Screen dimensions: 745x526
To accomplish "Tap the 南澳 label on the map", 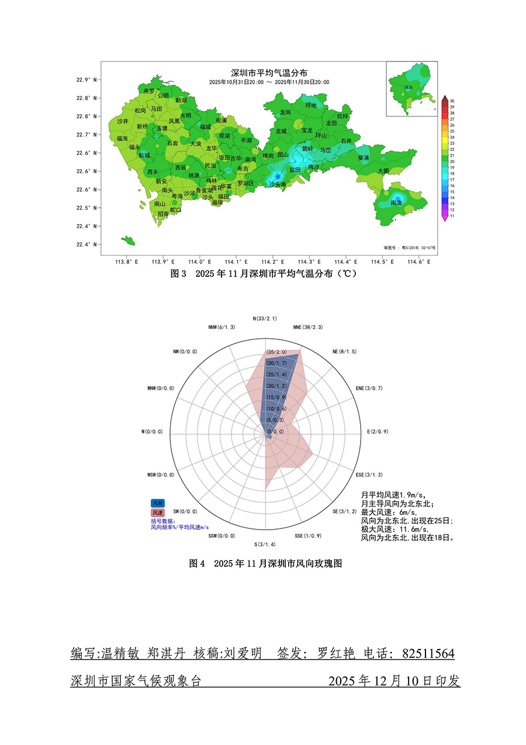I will pos(396,202).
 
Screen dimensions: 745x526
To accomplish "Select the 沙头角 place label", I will pos(278,184).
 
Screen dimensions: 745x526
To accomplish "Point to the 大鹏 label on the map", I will pos(383,171).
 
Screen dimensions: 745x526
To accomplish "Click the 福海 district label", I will pos(122,138).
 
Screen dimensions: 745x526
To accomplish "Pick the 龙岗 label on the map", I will pos(285,112).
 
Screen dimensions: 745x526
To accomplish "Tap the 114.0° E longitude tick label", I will pos(199,262).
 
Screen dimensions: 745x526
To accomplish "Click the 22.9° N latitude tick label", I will pos(85,80).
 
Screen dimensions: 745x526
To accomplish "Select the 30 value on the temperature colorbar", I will pos(452,101).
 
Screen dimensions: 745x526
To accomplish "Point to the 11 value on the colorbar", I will pos(452,216).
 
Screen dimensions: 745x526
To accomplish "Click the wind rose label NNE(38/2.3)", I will pos(307,327).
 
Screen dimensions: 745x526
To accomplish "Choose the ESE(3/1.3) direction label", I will pos(369,474).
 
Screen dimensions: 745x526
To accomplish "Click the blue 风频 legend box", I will pos(158,503).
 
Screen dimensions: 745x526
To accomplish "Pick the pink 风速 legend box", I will pos(158,512).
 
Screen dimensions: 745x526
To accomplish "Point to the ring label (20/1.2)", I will pos(276,386).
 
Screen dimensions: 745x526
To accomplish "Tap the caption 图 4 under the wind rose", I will pos(198,564).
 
